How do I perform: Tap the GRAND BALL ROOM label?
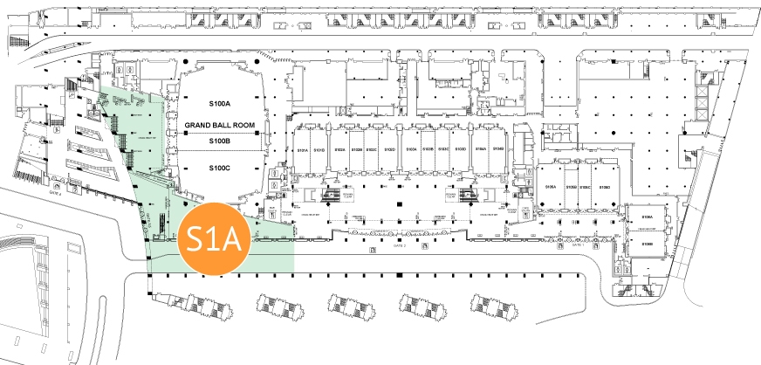219,126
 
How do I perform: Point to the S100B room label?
219,141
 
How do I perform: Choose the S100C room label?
219,167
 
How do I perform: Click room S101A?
303,150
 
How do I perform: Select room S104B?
497,150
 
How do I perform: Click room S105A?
551,188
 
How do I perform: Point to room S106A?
648,215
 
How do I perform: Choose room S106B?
648,244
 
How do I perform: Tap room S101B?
319,150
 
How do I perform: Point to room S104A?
481,150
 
